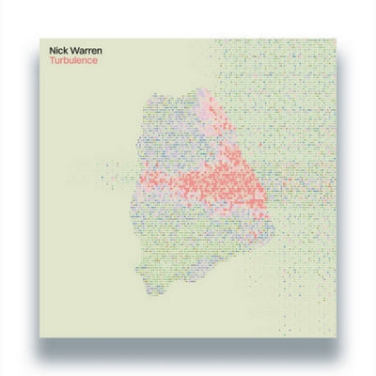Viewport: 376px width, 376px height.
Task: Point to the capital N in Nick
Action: (x=54, y=51)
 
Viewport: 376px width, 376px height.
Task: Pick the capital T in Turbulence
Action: (x=54, y=62)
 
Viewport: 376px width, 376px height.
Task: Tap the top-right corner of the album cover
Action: (x=337, y=39)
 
